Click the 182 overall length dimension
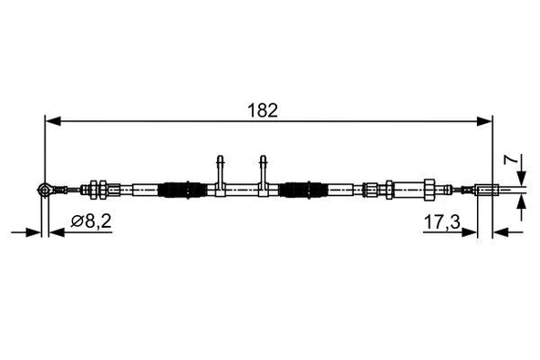point(267,109)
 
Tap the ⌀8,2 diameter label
point(90,221)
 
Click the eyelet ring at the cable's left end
point(44,190)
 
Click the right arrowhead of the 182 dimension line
point(487,118)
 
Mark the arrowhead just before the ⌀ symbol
point(56,231)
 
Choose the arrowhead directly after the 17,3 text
point(472,231)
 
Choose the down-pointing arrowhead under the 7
point(521,181)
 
